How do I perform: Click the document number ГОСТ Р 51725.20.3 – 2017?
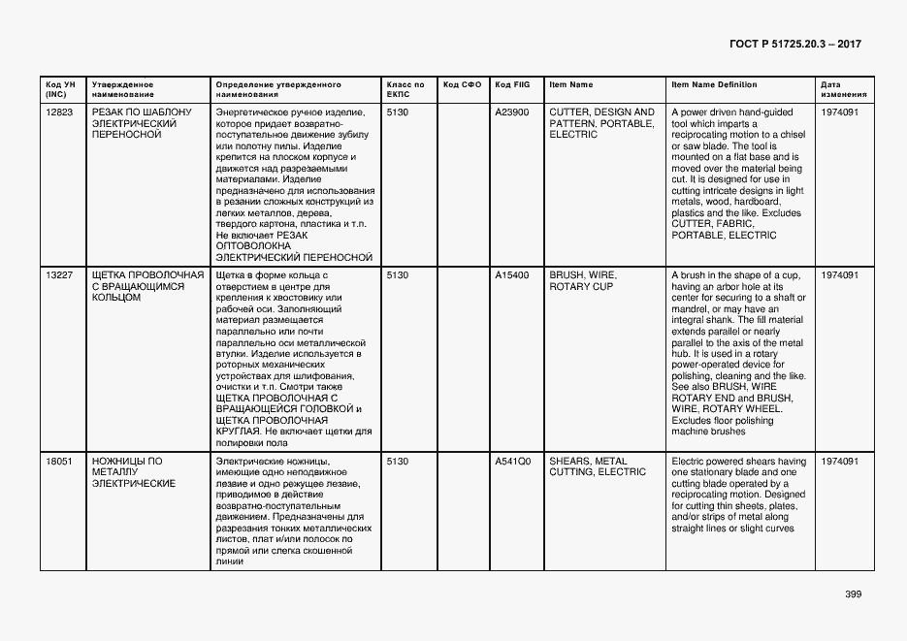pyautogui.click(x=794, y=45)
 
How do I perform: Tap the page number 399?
pyautogui.click(x=853, y=594)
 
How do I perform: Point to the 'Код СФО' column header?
pyautogui.click(x=462, y=85)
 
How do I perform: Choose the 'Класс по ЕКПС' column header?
pyautogui.click(x=405, y=90)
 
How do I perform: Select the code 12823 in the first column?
pyautogui.click(x=59, y=112)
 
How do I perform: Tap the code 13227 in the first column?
pyautogui.click(x=59, y=275)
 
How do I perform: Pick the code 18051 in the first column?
pyautogui.click(x=59, y=462)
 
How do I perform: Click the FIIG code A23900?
pyautogui.click(x=512, y=112)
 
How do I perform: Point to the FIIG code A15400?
pyautogui.click(x=512, y=275)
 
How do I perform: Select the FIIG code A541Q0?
pyautogui.click(x=512, y=462)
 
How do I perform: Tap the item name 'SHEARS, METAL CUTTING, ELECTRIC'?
pyautogui.click(x=597, y=466)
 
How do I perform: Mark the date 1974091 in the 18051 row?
pyautogui.click(x=839, y=462)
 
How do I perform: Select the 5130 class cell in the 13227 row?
pyautogui.click(x=398, y=275)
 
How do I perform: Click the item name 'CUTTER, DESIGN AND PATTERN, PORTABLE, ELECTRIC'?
pyautogui.click(x=601, y=123)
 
